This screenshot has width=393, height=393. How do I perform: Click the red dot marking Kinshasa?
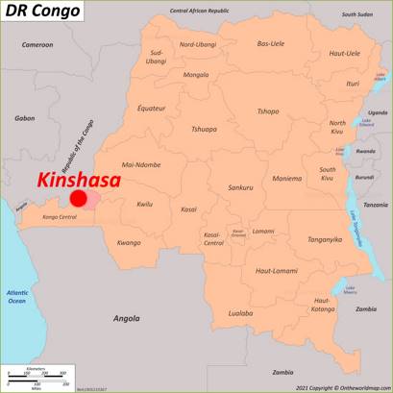(79, 199)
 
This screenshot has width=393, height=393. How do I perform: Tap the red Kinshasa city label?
(79, 180)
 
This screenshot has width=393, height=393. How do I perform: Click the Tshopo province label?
(267, 111)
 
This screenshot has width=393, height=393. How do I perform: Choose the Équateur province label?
(153, 108)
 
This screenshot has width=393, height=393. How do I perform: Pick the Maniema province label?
(286, 178)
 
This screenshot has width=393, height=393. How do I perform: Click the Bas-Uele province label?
(271, 43)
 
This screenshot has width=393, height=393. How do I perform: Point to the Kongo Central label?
(61, 218)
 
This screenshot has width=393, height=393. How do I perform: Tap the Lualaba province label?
(241, 313)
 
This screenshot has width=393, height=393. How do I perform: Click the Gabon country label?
(25, 118)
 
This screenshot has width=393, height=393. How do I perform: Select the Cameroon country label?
(38, 44)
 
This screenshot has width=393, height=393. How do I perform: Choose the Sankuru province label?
(240, 187)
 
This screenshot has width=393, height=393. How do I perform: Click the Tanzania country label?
(376, 205)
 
